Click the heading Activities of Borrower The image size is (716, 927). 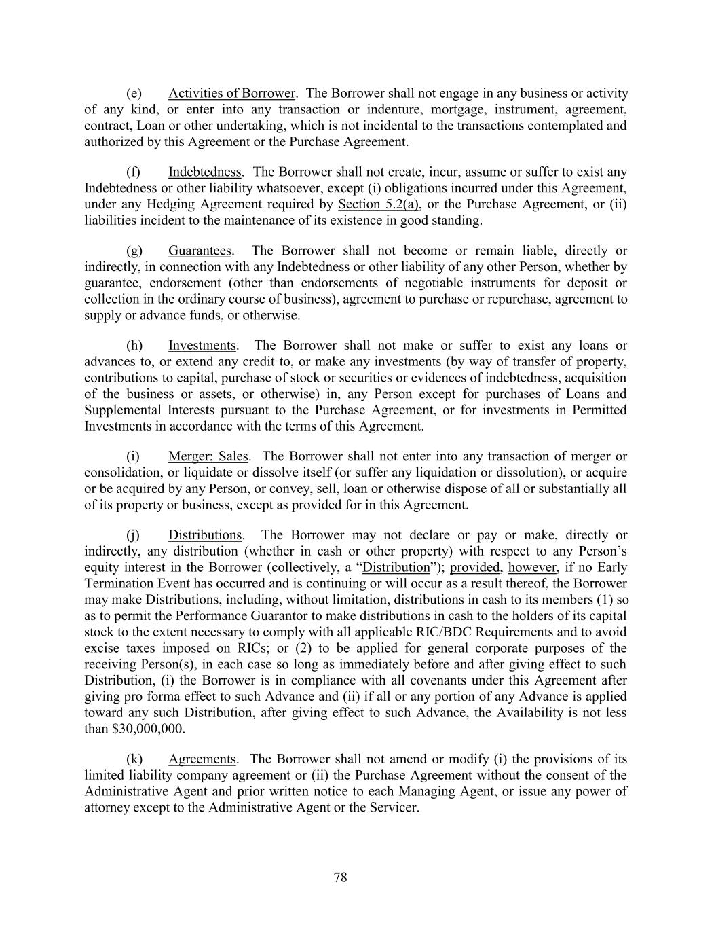(231, 93)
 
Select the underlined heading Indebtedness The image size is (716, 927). (205, 172)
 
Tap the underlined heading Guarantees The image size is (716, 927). (200, 251)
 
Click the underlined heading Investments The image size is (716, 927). (202, 346)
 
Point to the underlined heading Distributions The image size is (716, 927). (205, 535)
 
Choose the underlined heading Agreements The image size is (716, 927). (202, 759)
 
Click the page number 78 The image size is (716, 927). (341, 877)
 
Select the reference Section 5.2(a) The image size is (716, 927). (378, 204)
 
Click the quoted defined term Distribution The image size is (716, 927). (396, 567)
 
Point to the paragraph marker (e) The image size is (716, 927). (134, 93)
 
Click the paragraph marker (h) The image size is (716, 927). (134, 346)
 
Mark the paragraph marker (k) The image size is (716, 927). (134, 759)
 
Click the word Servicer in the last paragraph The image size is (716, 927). (394, 808)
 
